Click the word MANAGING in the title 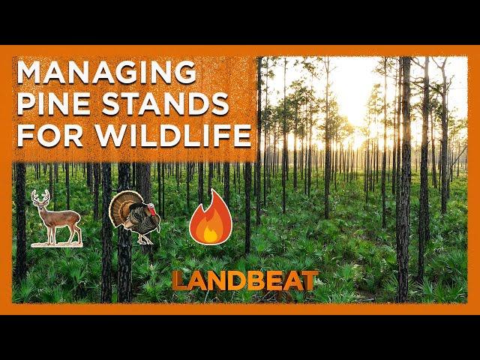coord(106,72)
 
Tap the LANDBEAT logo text coord(244,280)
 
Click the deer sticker coord(57,218)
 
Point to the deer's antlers coord(40,196)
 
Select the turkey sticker coord(134,217)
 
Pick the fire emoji coord(211,217)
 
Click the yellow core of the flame coord(210,234)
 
